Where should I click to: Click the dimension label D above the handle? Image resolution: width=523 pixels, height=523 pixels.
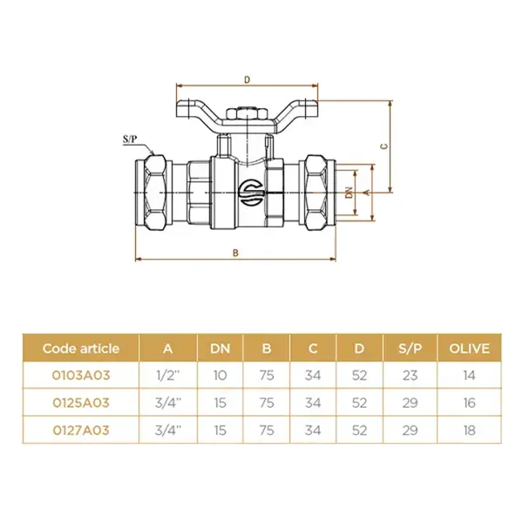pyautogui.click(x=247, y=79)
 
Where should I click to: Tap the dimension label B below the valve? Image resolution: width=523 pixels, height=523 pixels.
pyautogui.click(x=235, y=253)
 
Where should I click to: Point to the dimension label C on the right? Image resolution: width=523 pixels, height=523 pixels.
pyautogui.click(x=384, y=146)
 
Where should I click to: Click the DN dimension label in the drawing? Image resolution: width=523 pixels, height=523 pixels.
pyautogui.click(x=349, y=193)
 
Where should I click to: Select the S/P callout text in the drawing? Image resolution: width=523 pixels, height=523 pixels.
pyautogui.click(x=130, y=139)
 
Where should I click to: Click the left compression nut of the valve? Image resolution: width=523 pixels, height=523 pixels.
pyautogui.click(x=155, y=193)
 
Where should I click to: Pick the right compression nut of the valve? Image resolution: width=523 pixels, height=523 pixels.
pyautogui.click(x=316, y=193)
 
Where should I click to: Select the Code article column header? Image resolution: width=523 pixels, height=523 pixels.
pyautogui.click(x=81, y=349)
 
